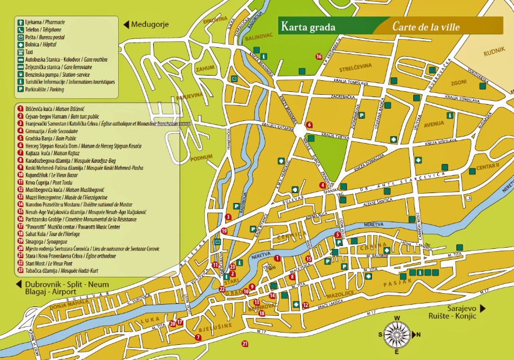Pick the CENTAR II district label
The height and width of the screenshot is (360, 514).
point(488,167)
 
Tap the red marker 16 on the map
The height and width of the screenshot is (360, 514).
point(318,56)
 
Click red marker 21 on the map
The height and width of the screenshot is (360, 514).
point(244,344)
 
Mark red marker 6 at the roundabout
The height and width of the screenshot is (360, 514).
point(309,124)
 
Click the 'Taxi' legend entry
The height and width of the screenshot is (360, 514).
point(27,52)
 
